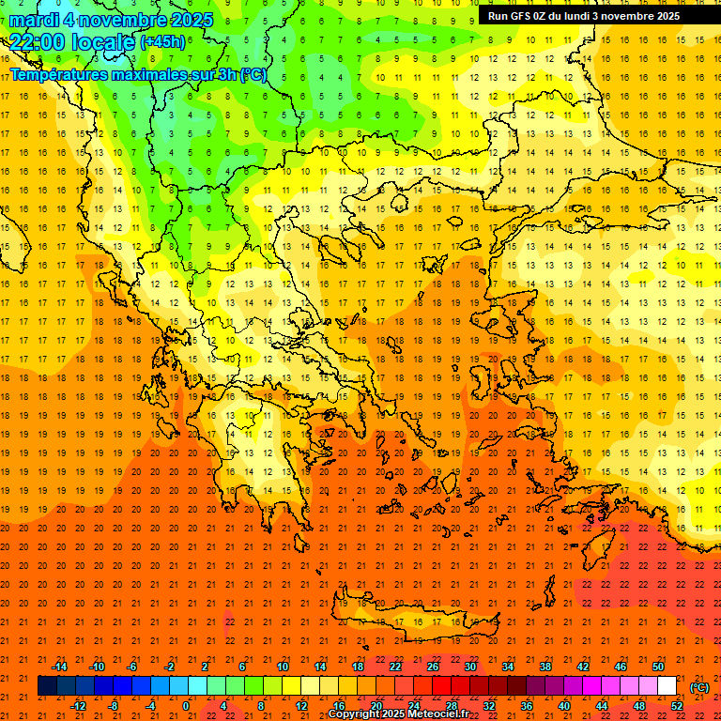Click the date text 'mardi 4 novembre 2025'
(x=112, y=20)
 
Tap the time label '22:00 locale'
(x=71, y=42)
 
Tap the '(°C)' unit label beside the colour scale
(x=699, y=687)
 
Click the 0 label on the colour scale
(x=186, y=706)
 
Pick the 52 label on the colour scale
(x=677, y=706)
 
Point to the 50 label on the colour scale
(x=658, y=667)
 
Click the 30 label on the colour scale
(x=469, y=667)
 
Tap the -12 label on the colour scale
(x=78, y=706)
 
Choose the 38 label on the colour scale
(x=545, y=667)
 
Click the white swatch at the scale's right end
(x=667, y=686)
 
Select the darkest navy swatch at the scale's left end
(x=48, y=686)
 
